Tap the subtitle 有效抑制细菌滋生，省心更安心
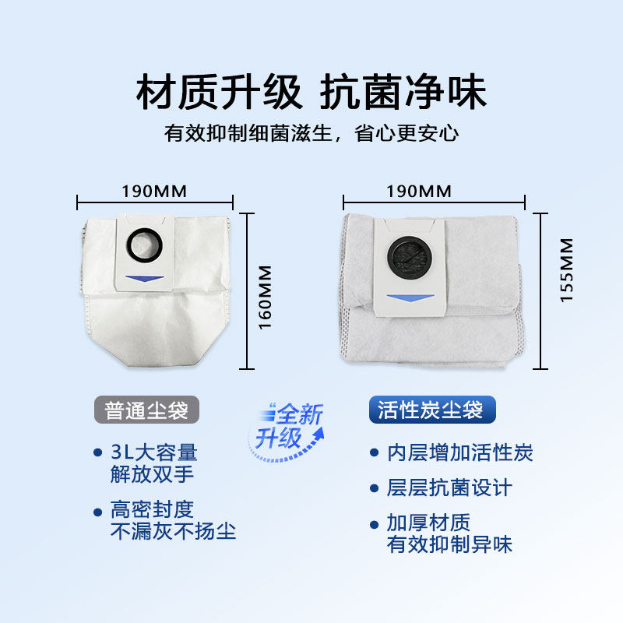tap(311, 132)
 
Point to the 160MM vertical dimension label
tap(266, 297)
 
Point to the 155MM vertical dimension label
tap(566, 270)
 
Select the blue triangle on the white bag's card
tap(144, 276)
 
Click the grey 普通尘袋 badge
tap(147, 409)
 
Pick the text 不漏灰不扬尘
tap(173, 531)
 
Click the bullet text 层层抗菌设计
tap(449, 488)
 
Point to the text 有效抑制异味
tap(449, 544)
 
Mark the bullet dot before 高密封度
tap(98, 512)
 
